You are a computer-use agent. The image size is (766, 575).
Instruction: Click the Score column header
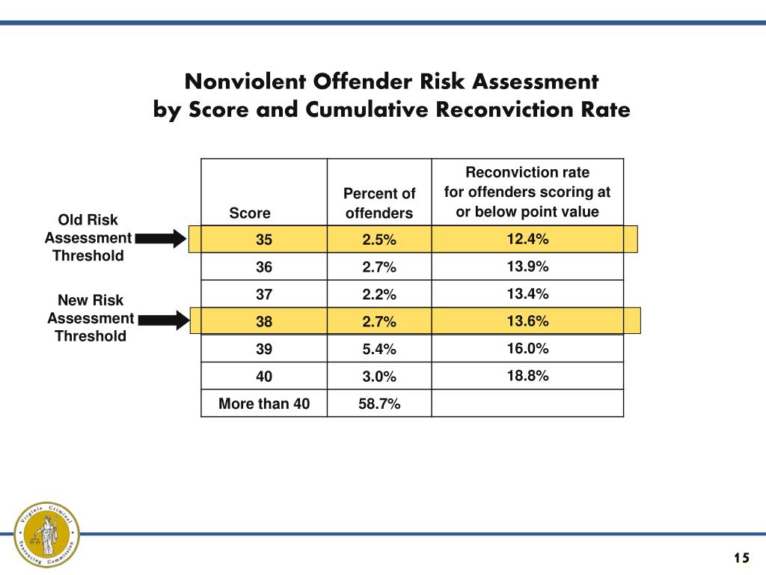(x=250, y=213)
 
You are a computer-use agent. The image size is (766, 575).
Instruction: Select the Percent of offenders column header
(x=379, y=204)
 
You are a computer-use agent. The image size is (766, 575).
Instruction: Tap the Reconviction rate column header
(x=527, y=192)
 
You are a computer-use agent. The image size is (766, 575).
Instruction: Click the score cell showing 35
(x=264, y=240)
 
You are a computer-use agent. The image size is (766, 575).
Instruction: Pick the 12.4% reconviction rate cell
(x=527, y=239)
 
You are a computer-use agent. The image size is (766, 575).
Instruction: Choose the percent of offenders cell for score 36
(x=379, y=267)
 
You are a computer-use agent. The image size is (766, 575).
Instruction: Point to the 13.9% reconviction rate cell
(x=527, y=267)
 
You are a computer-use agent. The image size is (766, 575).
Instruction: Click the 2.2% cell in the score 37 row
(x=379, y=295)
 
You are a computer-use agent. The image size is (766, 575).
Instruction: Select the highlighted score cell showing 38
(x=264, y=322)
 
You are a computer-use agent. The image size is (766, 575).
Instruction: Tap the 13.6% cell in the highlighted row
(x=527, y=321)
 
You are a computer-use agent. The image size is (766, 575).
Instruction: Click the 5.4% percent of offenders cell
(x=379, y=350)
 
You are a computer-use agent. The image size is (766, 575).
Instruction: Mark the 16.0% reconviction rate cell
(x=527, y=348)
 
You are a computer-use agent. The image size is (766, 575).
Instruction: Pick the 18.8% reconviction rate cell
(x=527, y=376)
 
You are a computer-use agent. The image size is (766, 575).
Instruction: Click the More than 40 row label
(x=264, y=404)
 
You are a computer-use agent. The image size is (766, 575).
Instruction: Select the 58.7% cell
(x=379, y=404)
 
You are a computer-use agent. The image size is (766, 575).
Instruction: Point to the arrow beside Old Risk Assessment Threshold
(x=160, y=239)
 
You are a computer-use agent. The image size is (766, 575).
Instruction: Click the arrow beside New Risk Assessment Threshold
(x=160, y=321)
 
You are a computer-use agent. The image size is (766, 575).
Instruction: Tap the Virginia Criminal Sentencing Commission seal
(x=47, y=533)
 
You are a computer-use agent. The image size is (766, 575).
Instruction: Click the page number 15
(x=741, y=558)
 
